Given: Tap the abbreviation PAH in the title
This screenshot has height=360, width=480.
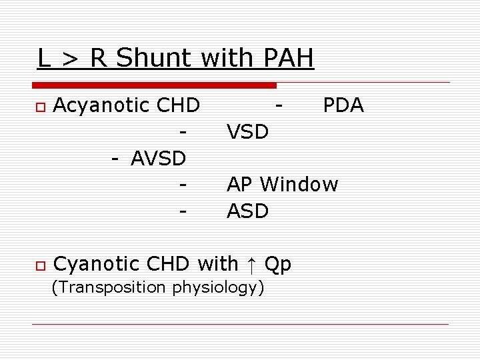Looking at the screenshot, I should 289,59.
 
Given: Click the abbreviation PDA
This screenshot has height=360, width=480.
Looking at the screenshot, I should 343,105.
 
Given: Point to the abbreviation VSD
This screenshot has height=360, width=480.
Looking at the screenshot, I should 248,132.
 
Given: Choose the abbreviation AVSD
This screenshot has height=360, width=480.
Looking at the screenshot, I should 159,159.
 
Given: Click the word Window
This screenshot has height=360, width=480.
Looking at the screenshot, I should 299,184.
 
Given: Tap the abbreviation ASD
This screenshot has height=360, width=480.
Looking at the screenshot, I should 248,211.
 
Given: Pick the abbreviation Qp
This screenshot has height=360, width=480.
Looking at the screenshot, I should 278,265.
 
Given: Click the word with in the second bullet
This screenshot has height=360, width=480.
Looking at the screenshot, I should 218,264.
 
